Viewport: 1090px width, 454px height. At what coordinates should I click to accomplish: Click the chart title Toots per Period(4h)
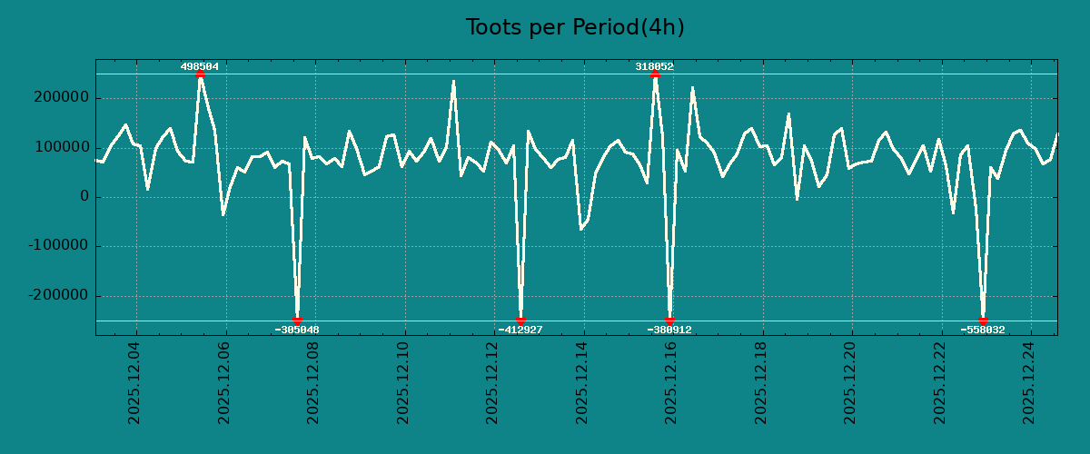[x=575, y=27]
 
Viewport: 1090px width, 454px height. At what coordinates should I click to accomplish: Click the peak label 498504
[x=200, y=66]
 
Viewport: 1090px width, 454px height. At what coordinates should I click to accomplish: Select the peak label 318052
[x=654, y=66]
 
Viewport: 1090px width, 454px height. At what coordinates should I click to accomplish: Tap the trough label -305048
[x=297, y=330]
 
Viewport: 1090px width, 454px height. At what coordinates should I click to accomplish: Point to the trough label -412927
[x=520, y=330]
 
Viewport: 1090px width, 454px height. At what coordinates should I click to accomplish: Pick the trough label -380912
[x=669, y=330]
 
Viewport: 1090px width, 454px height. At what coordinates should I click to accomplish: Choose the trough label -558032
[x=983, y=330]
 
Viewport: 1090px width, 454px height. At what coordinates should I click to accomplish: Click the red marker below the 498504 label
[x=200, y=74]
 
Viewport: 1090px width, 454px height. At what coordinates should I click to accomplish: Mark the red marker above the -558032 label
[x=983, y=321]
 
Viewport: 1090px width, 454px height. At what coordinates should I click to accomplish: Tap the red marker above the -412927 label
[x=520, y=321]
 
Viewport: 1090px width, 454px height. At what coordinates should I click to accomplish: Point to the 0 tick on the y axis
[x=84, y=197]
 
